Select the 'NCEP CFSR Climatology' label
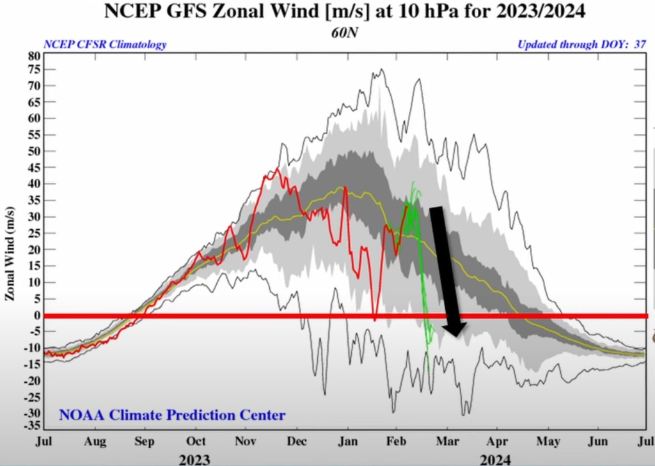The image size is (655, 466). click(105, 45)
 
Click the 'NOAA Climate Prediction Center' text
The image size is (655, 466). click(172, 415)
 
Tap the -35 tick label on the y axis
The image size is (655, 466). click(32, 426)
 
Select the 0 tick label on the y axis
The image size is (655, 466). click(36, 315)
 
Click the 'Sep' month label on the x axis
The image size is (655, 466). click(145, 442)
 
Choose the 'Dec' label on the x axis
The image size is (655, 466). click(297, 442)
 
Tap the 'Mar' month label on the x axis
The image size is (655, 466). click(446, 442)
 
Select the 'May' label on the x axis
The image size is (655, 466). click(548, 442)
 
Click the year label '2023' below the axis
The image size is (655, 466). click(194, 458)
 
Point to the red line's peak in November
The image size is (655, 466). click(278, 170)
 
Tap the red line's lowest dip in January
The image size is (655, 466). click(374, 319)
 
